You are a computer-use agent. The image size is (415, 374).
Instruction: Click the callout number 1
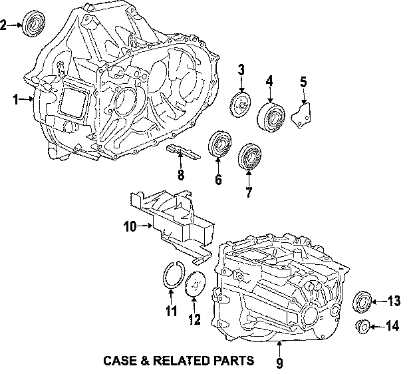point(15,100)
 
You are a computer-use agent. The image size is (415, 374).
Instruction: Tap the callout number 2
point(4,26)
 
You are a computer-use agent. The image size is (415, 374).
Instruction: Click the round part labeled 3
point(240,106)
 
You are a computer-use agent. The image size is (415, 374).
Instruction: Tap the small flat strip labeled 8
point(182,152)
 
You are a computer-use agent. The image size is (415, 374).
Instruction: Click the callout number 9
point(279,363)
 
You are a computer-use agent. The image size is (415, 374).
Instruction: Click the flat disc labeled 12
point(195,285)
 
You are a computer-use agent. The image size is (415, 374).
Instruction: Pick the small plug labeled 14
point(363,326)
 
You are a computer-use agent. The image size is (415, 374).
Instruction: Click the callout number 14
point(393,326)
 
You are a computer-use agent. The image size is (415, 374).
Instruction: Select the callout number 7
point(249,193)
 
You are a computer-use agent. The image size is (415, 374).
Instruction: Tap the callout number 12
point(194,320)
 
